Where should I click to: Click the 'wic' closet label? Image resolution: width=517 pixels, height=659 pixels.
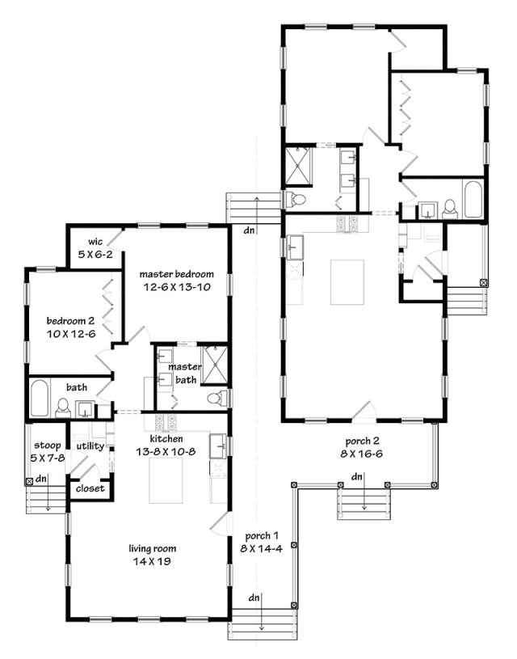(95, 242)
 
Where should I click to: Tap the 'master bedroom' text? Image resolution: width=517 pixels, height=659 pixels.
(176, 274)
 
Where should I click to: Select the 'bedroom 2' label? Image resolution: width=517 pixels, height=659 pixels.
(70, 321)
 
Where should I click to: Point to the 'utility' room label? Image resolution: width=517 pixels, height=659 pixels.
(90, 446)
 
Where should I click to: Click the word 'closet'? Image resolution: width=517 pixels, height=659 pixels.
(90, 488)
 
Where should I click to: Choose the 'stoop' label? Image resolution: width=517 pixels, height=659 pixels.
(48, 446)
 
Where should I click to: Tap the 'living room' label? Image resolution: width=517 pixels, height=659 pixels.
(153, 548)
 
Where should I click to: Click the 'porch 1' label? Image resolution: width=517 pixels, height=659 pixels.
(262, 536)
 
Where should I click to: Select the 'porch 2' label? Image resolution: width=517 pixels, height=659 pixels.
(362, 441)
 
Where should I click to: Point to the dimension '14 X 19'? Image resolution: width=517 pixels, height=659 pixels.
(152, 561)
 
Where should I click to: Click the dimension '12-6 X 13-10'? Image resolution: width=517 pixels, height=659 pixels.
(177, 288)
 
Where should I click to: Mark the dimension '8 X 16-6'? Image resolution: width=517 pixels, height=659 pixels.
(362, 454)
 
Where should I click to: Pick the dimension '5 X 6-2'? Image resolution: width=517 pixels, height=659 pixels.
(95, 254)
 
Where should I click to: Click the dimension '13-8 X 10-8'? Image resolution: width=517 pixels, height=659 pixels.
(166, 452)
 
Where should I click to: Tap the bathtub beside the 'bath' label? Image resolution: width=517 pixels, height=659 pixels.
(40, 399)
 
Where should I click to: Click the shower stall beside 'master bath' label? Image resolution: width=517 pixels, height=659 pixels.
(215, 365)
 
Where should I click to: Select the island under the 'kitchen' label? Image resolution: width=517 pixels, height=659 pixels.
(166, 480)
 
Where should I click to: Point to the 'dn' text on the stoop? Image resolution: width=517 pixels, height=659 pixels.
(40, 479)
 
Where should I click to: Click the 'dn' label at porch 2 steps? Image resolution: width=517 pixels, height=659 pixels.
(356, 476)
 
